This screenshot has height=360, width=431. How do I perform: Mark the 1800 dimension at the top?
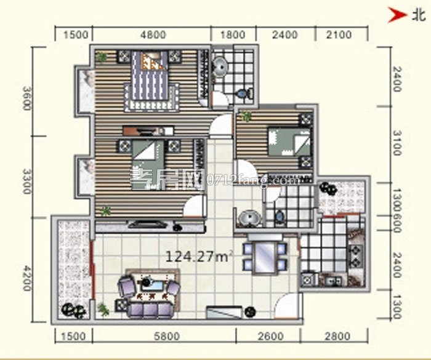233,34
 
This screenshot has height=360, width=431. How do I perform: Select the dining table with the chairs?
265,256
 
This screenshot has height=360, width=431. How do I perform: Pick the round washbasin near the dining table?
249,217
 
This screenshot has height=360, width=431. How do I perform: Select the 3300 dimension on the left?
26,182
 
